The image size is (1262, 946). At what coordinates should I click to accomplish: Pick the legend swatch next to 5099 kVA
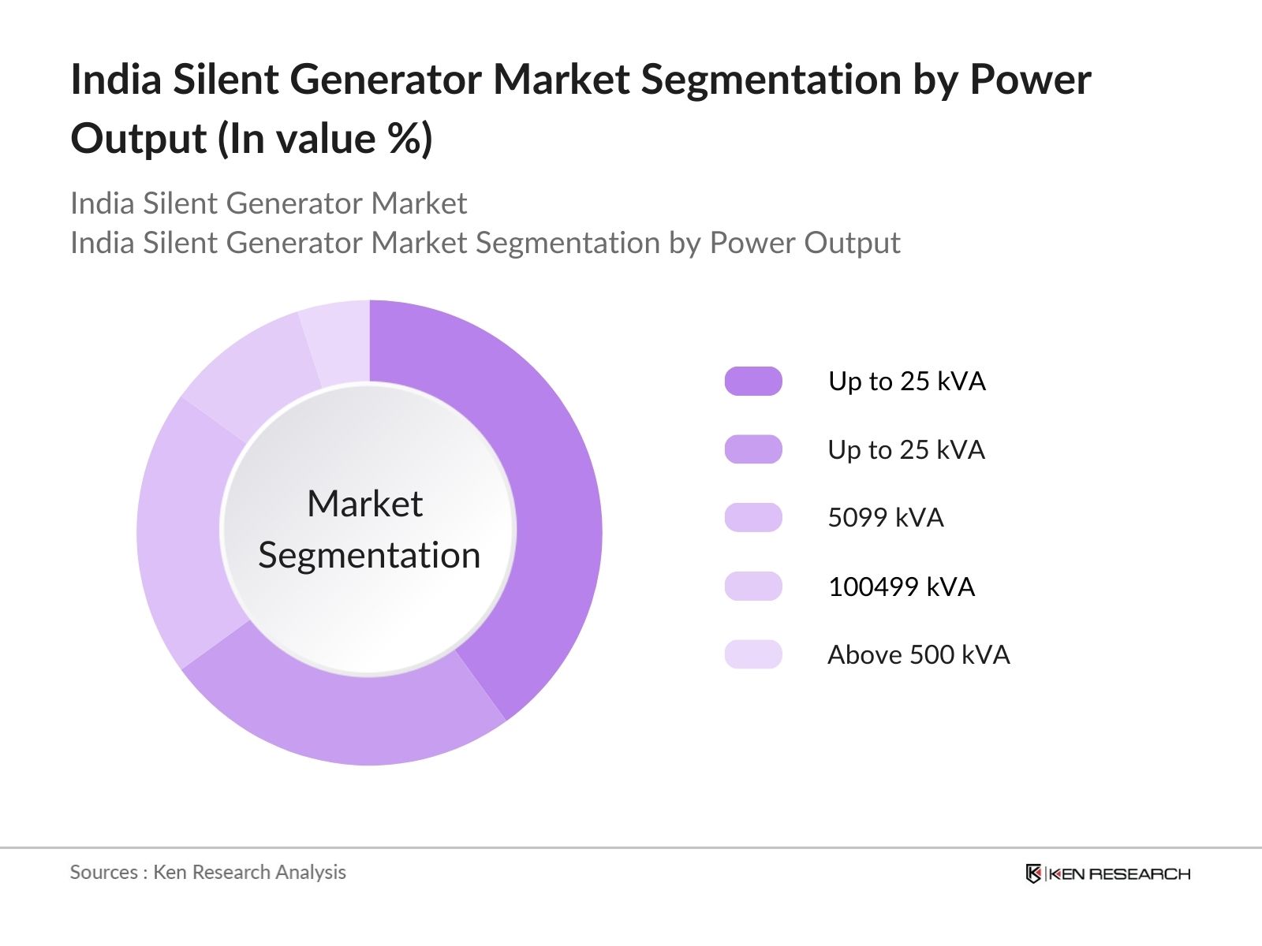click(753, 518)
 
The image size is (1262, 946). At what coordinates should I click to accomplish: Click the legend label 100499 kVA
click(901, 587)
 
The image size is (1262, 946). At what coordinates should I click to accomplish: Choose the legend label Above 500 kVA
click(918, 655)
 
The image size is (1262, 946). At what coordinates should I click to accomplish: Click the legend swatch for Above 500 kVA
click(753, 655)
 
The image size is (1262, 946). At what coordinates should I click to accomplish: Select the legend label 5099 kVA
click(885, 518)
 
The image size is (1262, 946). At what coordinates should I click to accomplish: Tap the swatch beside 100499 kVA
click(753, 587)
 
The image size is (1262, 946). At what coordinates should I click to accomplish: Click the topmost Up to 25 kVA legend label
click(906, 382)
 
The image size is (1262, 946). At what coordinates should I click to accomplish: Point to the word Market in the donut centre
click(364, 504)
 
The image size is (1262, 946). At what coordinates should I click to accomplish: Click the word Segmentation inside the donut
click(369, 556)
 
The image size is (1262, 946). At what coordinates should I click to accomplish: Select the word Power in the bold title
click(1030, 80)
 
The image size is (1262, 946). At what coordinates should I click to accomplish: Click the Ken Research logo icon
click(1033, 873)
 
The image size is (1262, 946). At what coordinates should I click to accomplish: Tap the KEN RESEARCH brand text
click(1118, 873)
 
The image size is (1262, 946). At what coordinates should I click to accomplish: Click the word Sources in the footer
click(103, 872)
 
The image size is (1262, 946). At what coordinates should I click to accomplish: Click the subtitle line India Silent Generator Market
click(268, 203)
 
